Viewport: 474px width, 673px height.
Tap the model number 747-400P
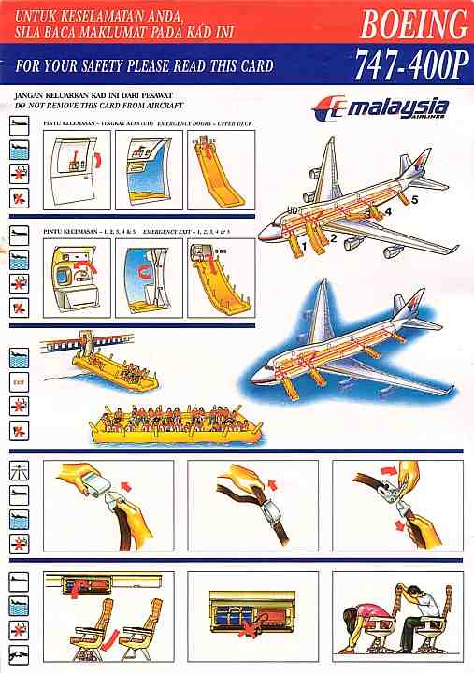(411, 64)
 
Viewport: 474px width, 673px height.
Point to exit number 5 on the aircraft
(414, 199)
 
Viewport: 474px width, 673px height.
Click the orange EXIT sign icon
(18, 381)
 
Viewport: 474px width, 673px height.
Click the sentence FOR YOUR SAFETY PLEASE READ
(145, 66)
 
